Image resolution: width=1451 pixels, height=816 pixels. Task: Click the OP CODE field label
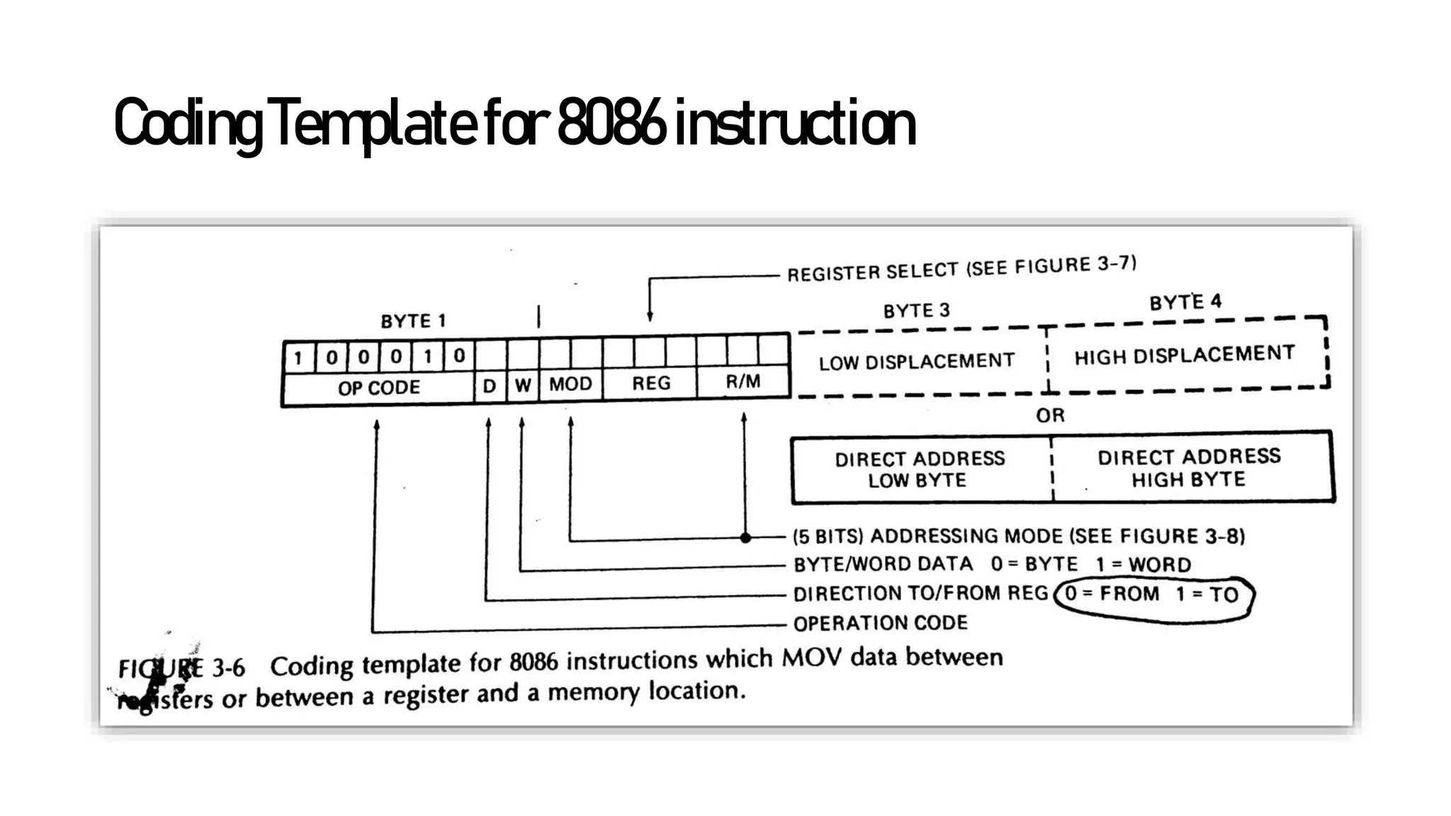378,387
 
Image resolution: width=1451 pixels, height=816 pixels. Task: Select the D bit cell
490,386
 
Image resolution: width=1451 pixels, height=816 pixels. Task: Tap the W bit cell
523,385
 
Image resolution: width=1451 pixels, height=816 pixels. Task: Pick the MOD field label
570,384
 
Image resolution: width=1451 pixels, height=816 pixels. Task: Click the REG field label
651,383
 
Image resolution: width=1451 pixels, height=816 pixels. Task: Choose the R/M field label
743,382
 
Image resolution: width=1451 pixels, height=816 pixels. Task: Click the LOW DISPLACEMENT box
917,362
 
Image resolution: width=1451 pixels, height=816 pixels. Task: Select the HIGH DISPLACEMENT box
1184,355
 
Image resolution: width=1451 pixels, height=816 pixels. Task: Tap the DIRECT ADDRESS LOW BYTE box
920,469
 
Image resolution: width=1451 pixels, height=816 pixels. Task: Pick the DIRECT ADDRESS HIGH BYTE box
1189,467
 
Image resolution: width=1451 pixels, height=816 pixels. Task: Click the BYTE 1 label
413,322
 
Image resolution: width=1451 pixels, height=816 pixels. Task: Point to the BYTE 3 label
916,311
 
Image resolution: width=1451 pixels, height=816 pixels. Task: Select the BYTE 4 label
1185,302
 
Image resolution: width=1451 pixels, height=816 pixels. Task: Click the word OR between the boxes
1050,415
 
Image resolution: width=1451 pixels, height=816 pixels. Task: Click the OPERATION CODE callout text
880,623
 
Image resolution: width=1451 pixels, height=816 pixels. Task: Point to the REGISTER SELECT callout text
961,269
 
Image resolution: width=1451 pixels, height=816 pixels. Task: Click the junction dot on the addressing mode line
745,538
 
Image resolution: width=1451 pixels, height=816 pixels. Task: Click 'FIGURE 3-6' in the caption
181,668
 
